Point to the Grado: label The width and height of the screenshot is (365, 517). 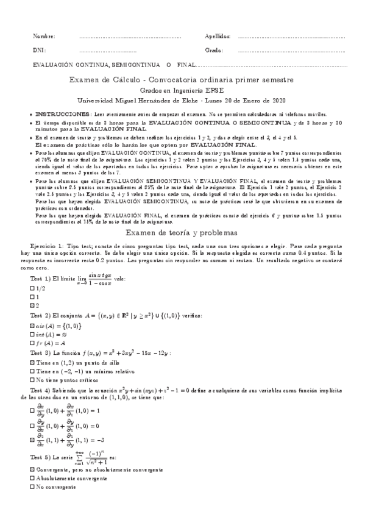(x=214, y=50)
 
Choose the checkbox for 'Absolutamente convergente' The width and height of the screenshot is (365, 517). (x=32, y=479)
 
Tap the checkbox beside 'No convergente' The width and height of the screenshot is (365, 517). (x=32, y=487)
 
